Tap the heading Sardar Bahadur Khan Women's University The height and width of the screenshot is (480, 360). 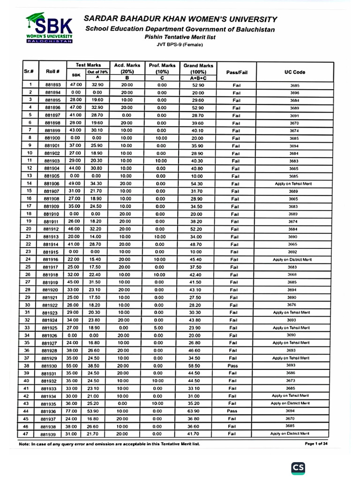(x=180, y=19)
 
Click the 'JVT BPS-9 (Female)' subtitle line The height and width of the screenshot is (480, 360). (x=180, y=45)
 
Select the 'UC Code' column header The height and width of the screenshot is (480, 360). (x=295, y=72)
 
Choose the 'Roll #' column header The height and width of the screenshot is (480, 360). (x=52, y=72)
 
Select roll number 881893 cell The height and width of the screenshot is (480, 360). (x=53, y=85)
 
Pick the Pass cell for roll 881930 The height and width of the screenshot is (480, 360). (x=233, y=366)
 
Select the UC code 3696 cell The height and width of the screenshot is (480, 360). (x=295, y=93)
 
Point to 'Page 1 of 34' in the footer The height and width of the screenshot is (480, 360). (x=317, y=443)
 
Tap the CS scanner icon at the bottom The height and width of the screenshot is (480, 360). (x=298, y=467)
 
